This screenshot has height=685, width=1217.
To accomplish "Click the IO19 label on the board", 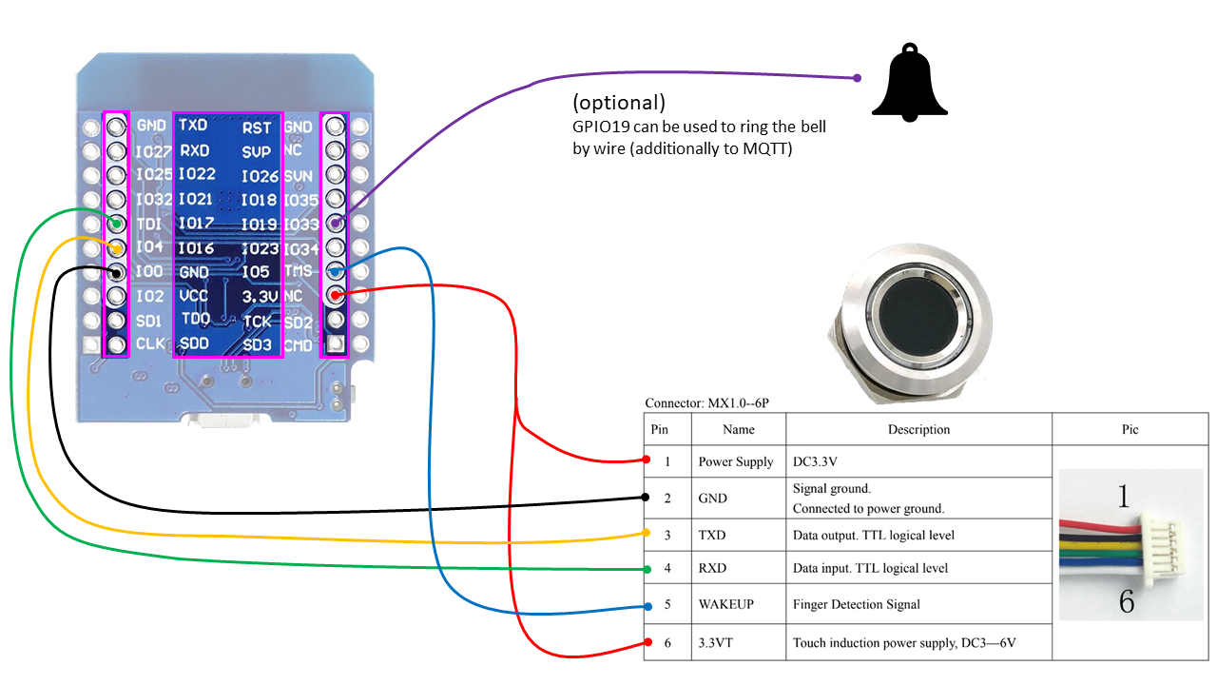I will [x=259, y=225].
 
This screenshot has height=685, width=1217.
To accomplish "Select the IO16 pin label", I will [x=196, y=248].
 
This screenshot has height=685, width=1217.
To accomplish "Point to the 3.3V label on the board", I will [x=259, y=297].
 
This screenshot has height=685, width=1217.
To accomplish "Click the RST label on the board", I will [x=257, y=127].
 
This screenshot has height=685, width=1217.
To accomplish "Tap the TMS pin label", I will [x=299, y=271].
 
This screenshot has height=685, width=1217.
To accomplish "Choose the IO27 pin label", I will [x=153, y=151].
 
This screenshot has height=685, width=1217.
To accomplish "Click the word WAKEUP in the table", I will [x=727, y=604].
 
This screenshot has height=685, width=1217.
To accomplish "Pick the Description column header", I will [x=918, y=429].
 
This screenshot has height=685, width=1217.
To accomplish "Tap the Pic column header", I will [x=1130, y=429].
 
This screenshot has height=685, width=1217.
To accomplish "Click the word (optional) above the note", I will [x=618, y=103].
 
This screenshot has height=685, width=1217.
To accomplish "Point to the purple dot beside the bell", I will [x=858, y=78].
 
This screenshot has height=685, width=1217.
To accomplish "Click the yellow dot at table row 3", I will [x=647, y=533].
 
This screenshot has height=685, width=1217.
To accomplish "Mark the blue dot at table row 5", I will [x=647, y=606].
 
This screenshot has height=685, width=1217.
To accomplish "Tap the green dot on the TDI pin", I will [x=117, y=225].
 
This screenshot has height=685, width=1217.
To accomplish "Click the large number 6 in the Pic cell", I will [x=1127, y=602].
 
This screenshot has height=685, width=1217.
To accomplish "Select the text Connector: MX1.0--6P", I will [x=706, y=403].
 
